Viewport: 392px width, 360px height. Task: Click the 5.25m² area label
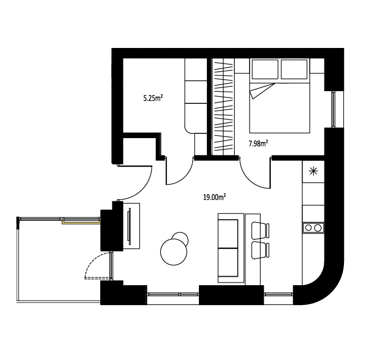coord(153,98)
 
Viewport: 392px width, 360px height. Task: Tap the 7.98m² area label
coord(258,143)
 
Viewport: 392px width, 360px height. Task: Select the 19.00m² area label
coord(215,197)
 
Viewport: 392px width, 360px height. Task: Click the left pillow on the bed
coord(265,69)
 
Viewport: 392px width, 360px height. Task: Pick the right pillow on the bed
coord(294,69)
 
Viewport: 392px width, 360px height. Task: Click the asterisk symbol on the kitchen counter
coord(313,171)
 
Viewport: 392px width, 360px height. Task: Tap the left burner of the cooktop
coord(309,228)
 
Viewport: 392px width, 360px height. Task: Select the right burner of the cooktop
coord(318,228)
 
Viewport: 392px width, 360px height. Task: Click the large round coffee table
coord(174,252)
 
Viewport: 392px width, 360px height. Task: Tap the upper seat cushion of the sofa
coord(228,234)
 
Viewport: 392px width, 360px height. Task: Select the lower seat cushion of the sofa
coord(228,262)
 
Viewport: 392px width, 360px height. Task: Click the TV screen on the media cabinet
coord(129,226)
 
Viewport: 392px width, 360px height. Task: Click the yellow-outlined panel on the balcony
coord(81,221)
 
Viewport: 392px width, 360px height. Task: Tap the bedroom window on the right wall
coord(333,110)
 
